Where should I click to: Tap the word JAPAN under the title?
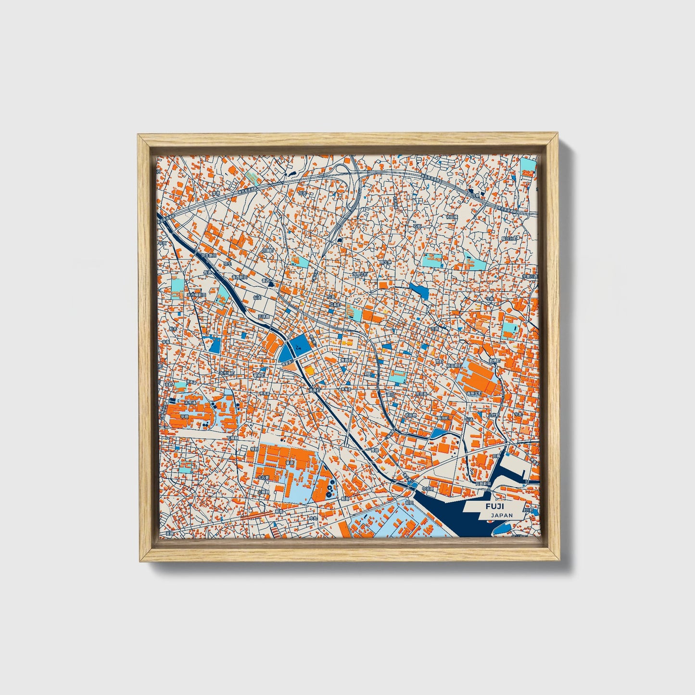click(502, 515)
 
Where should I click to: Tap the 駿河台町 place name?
click(509, 238)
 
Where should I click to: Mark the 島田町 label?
click(442, 418)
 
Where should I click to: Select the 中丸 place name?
click(313, 518)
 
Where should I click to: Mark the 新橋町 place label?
click(495, 360)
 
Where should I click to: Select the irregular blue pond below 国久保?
click(418, 290)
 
